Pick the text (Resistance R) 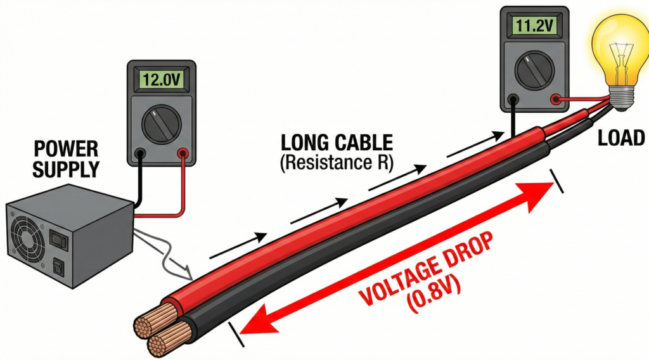[x=337, y=162]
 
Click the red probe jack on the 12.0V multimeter [x=183, y=153]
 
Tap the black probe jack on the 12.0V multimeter [x=140, y=153]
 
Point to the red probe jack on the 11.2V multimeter [x=555, y=99]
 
